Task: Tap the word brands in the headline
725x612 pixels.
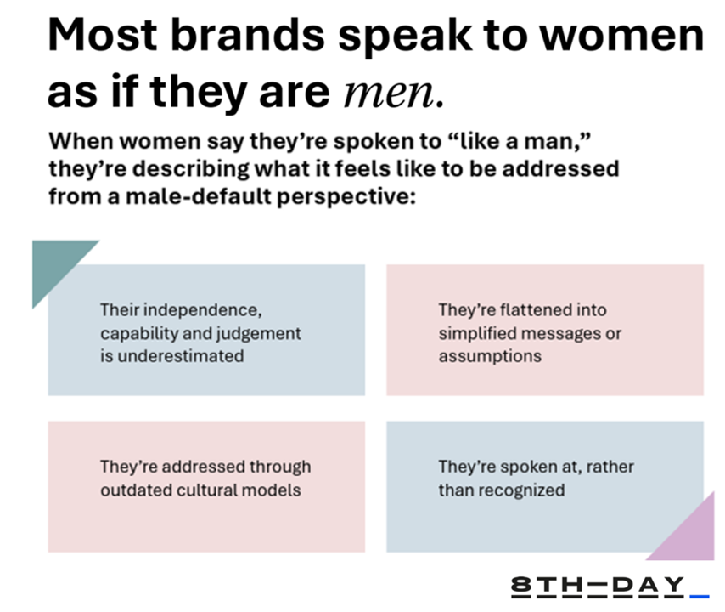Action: coord(248,35)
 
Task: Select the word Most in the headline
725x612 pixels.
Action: coord(103,35)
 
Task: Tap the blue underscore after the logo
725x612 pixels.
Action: coord(700,596)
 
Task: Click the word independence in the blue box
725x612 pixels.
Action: coord(203,310)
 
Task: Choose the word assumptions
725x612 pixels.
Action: coord(490,357)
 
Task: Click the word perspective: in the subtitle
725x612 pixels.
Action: coord(346,197)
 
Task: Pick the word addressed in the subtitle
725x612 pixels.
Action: coord(560,168)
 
